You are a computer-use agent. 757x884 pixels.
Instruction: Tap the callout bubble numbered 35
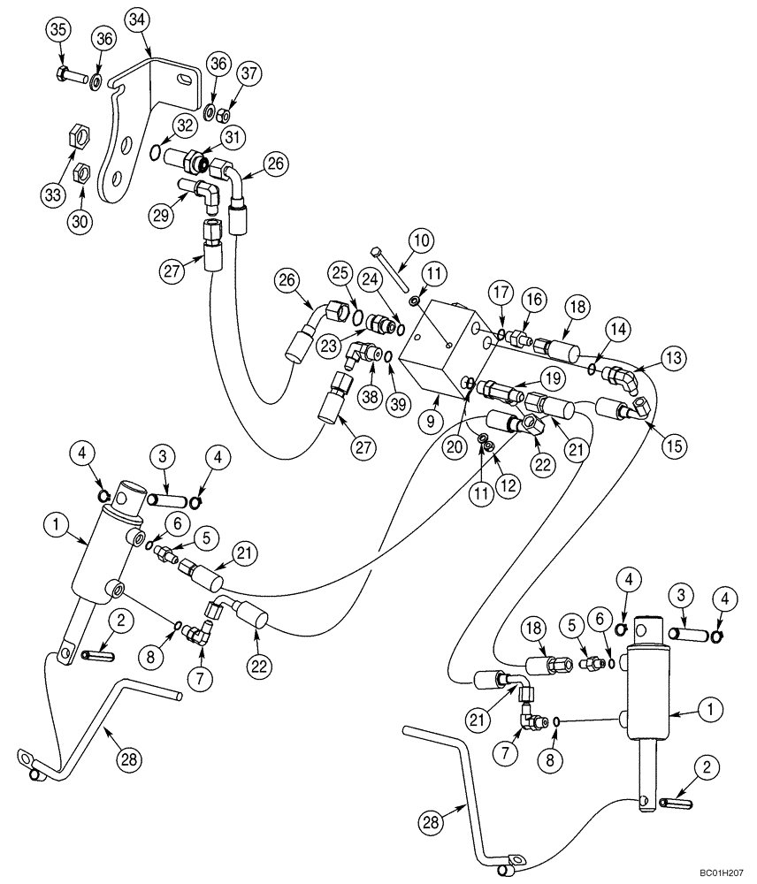[58, 31]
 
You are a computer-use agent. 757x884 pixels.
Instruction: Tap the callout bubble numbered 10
[420, 240]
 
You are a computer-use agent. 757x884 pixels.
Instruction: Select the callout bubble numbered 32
[184, 126]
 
